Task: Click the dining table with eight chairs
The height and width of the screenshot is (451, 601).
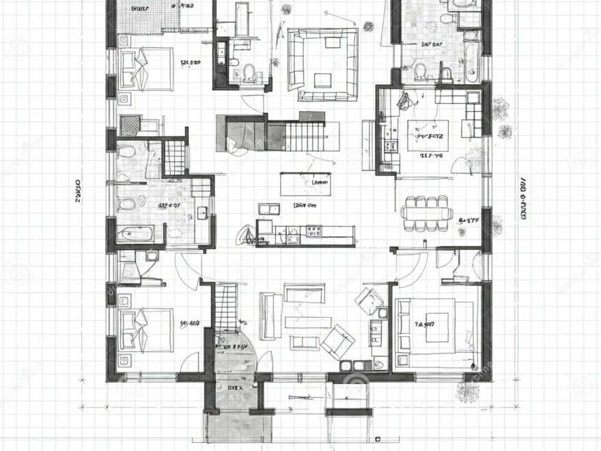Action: [428, 213]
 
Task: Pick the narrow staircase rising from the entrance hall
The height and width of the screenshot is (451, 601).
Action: [227, 306]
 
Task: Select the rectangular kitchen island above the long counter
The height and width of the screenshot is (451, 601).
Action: [305, 184]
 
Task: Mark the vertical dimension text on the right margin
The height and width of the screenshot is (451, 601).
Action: [523, 198]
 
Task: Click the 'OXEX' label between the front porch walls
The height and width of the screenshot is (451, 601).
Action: [234, 387]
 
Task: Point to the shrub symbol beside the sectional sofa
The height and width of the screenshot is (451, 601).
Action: [369, 27]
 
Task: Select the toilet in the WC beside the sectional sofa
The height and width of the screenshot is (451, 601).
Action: [249, 71]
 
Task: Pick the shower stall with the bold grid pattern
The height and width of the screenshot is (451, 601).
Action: [176, 156]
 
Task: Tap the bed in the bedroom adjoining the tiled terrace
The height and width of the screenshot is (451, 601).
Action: [145, 67]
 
